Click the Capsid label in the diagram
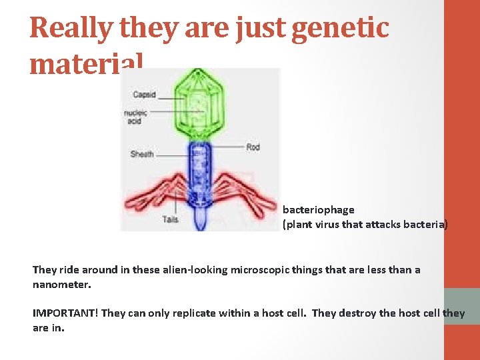pos(144,94)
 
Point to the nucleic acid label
pos(135,117)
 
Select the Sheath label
pos(142,154)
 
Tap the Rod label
pos(253,147)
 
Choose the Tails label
pos(170,219)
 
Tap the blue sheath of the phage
pos(199,170)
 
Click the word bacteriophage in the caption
pos(318,210)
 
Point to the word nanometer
pos(61,285)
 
